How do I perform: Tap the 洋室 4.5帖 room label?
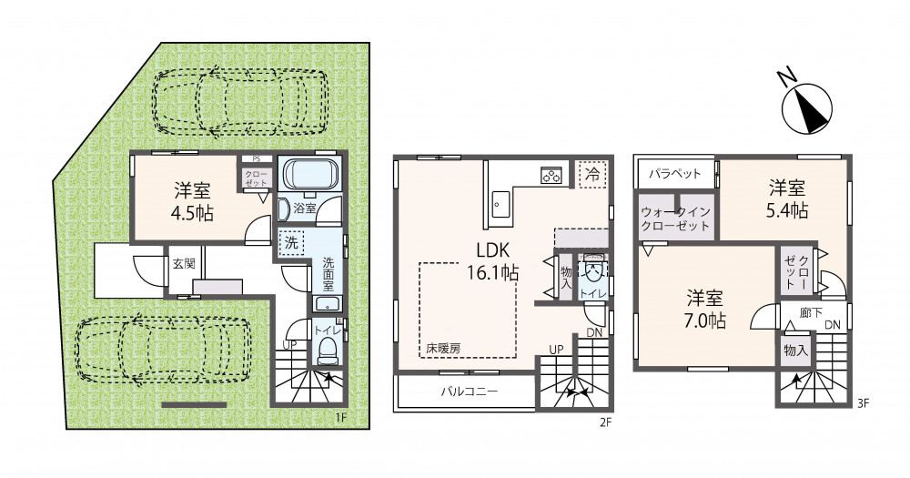(193, 201)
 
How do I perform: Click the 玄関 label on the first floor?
(183, 263)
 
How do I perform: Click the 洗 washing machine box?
(291, 242)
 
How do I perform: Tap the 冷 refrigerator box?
(592, 174)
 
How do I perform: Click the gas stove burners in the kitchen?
(551, 174)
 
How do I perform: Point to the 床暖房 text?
(443, 349)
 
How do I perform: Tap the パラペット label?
(674, 173)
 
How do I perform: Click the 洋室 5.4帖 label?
(787, 198)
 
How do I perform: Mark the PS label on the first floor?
(256, 158)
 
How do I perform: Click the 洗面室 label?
(329, 274)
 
